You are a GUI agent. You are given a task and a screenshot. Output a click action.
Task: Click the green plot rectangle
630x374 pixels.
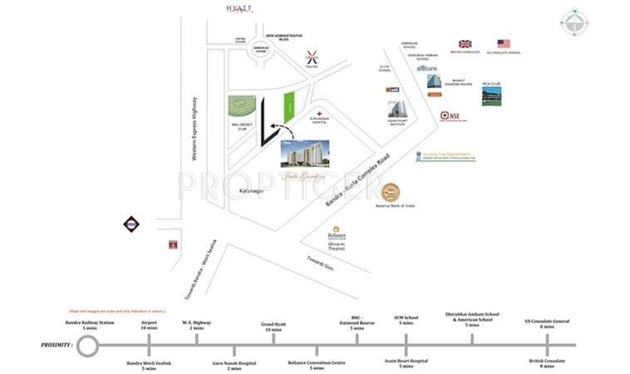coord(290,105)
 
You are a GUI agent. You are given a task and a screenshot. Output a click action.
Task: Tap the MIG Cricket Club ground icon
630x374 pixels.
coord(244,109)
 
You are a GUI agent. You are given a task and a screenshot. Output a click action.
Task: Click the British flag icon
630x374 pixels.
coord(465,43)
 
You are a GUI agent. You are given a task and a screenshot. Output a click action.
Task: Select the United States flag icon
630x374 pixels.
coord(504,43)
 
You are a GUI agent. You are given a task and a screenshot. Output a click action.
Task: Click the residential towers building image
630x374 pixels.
coord(304,153)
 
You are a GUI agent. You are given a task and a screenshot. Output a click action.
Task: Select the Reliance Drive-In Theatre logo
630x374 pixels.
coord(336,232)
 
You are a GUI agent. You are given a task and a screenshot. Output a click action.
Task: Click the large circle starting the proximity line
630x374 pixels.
coord(87,344)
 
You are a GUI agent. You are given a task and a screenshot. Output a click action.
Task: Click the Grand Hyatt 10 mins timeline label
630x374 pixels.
coord(273,327)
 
